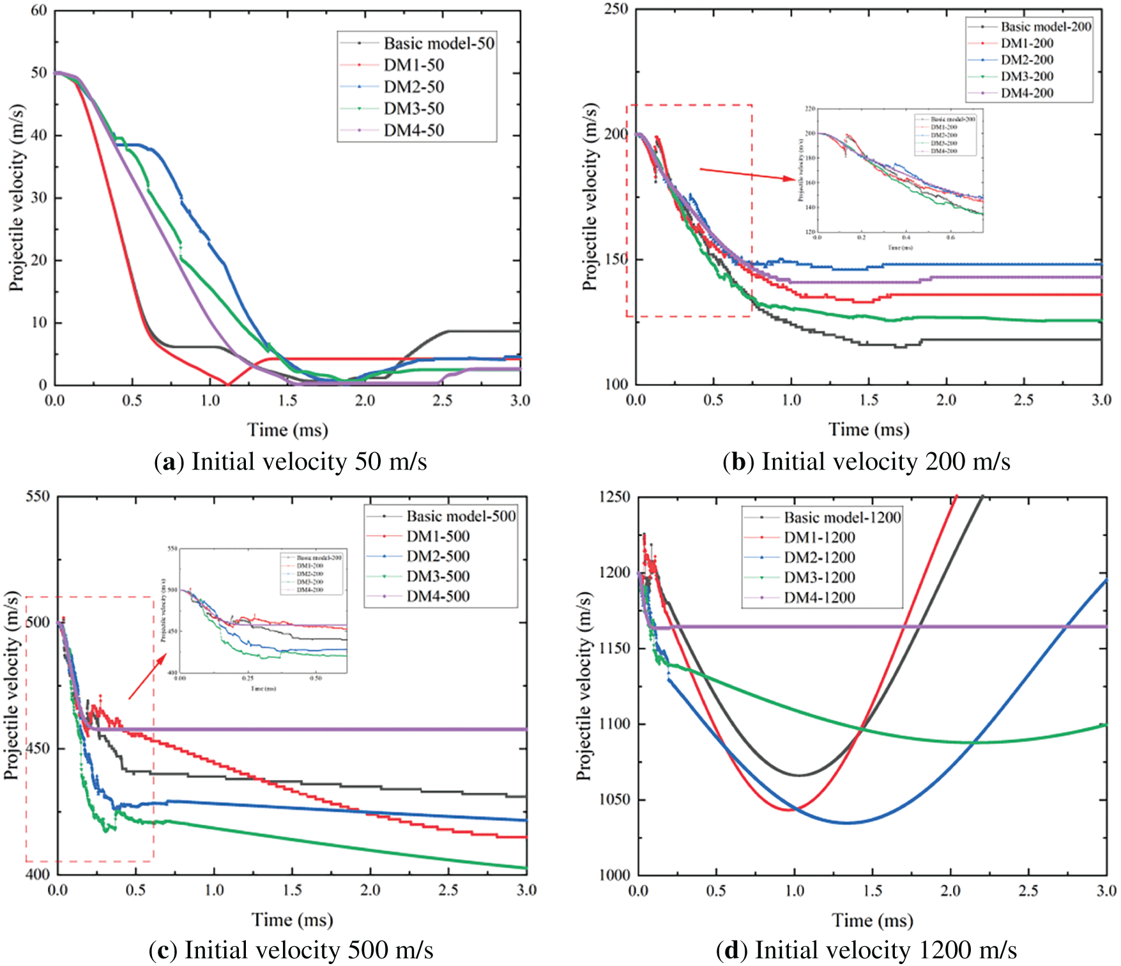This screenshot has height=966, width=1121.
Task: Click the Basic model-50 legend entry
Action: coord(439,43)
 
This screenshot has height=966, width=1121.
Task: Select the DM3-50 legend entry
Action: coord(413,109)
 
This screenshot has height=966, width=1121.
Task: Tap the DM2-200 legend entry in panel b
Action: coord(1026,60)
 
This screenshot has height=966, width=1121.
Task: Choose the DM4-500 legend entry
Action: coord(438,597)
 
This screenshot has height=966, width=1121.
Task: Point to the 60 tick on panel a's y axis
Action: coord(39,11)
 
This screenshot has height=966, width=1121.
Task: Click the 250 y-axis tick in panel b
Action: coord(616,9)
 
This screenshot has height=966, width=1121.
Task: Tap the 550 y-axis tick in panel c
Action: coord(38,496)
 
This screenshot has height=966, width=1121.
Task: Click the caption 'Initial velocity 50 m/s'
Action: coord(309,461)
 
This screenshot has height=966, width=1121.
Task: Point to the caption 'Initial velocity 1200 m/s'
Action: coord(885,951)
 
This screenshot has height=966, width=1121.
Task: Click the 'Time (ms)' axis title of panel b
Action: coord(869,429)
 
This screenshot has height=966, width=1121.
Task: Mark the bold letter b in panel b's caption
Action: coord(738,462)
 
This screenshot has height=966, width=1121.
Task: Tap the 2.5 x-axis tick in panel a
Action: coord(443,401)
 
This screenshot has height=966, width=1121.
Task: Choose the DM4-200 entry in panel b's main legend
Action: coord(1026,93)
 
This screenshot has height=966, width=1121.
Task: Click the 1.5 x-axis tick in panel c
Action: coord(292,890)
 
